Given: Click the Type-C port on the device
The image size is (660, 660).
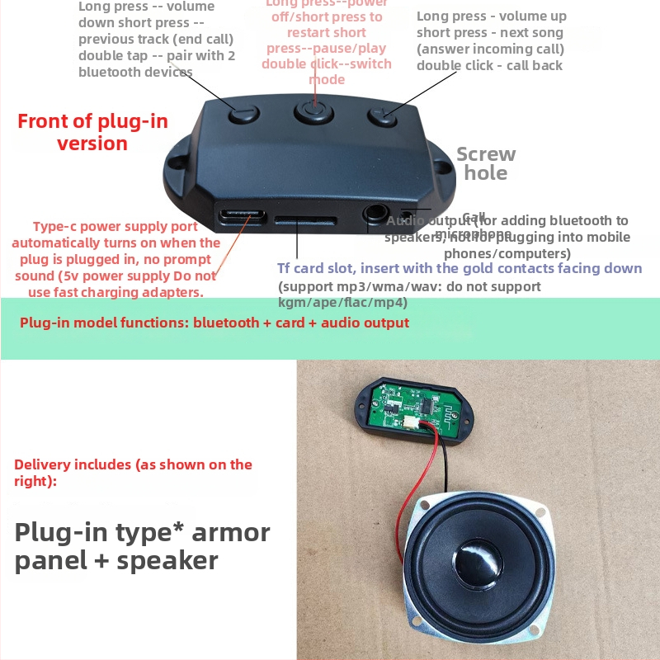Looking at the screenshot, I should tap(242, 218).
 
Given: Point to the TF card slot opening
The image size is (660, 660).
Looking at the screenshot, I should tap(305, 221).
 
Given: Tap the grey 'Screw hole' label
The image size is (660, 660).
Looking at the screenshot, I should tap(486, 163).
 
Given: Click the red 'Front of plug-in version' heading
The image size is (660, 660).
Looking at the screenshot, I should tap(92, 133).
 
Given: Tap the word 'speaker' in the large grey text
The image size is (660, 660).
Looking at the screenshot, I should tap(167, 561).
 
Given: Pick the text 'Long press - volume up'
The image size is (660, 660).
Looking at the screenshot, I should tap(491, 16).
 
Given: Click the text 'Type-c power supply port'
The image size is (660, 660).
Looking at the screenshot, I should tap(115, 227).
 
